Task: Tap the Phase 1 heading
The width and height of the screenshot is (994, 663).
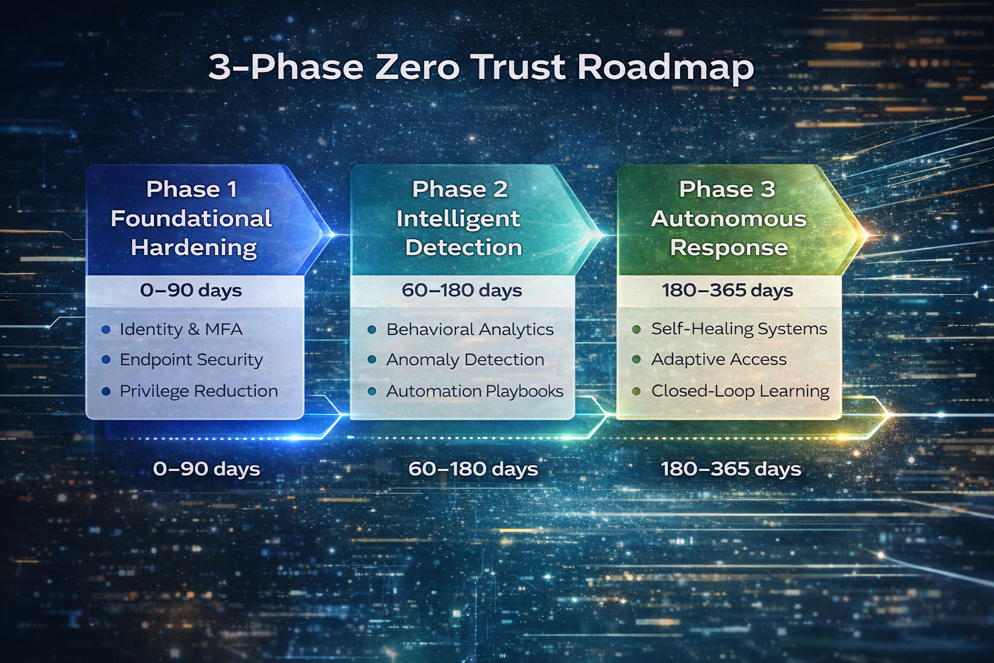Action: (192, 189)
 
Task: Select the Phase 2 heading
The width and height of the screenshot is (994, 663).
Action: (459, 189)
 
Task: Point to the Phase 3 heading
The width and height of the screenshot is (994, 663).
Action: (727, 189)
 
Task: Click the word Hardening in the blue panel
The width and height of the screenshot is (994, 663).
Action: (193, 248)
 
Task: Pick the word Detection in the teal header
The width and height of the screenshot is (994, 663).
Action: (463, 248)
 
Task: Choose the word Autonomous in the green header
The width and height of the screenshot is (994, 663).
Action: (729, 219)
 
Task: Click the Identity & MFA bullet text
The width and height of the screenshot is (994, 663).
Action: (181, 330)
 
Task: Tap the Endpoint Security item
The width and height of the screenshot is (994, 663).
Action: (191, 360)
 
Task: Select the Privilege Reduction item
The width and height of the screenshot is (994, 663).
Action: (199, 391)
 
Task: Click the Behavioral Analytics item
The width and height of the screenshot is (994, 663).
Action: (470, 330)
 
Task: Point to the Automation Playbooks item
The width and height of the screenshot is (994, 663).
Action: (474, 391)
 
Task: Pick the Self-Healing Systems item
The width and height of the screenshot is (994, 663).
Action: (739, 329)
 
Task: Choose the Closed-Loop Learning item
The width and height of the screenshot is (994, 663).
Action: (740, 391)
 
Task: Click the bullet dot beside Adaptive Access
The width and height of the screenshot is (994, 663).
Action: (636, 359)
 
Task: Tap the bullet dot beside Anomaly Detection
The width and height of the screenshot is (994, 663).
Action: (371, 359)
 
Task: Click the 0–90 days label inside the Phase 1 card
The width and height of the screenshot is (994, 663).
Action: (191, 291)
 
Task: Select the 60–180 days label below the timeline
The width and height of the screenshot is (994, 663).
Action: (473, 469)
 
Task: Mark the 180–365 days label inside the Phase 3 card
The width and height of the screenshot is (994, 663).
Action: (727, 291)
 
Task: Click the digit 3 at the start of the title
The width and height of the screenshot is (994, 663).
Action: (219, 67)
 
